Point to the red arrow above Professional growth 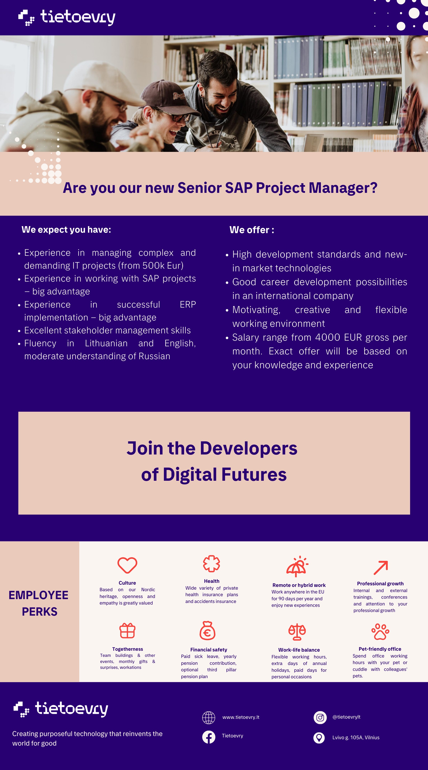click(x=381, y=568)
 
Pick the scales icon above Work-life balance click(x=297, y=632)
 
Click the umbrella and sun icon click(x=297, y=567)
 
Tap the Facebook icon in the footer click(x=209, y=737)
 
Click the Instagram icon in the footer click(x=320, y=717)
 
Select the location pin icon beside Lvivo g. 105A click(x=319, y=738)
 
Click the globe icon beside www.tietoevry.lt click(x=209, y=718)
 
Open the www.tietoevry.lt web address click(x=241, y=717)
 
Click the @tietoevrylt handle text click(x=346, y=717)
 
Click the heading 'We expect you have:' click(x=66, y=230)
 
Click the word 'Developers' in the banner click(x=249, y=448)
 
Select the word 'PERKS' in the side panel click(x=39, y=612)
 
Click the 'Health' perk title click(x=212, y=581)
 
